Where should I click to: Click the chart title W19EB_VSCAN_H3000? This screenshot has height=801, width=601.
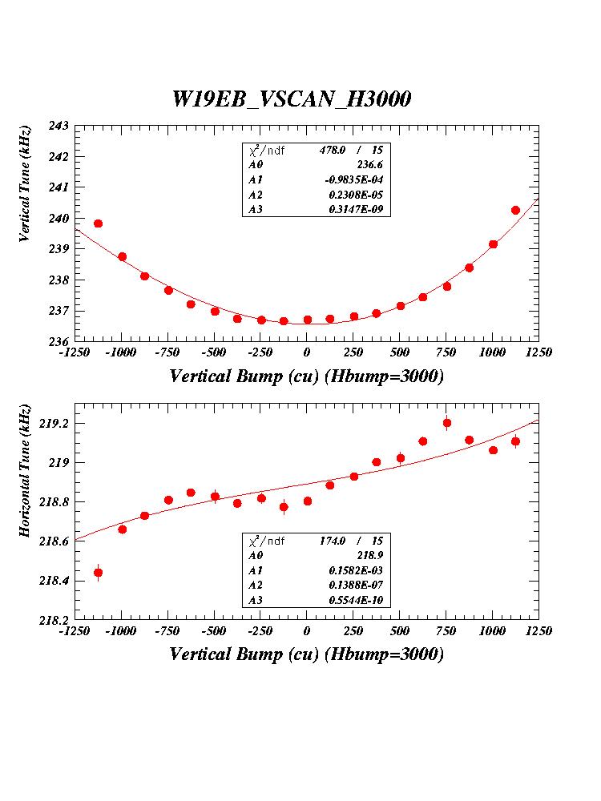click(x=292, y=99)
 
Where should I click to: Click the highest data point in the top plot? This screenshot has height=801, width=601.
click(x=515, y=210)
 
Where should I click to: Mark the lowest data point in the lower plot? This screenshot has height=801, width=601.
click(x=98, y=572)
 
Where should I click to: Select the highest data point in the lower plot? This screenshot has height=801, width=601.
click(x=447, y=423)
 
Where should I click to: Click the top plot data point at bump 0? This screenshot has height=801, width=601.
click(x=307, y=320)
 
